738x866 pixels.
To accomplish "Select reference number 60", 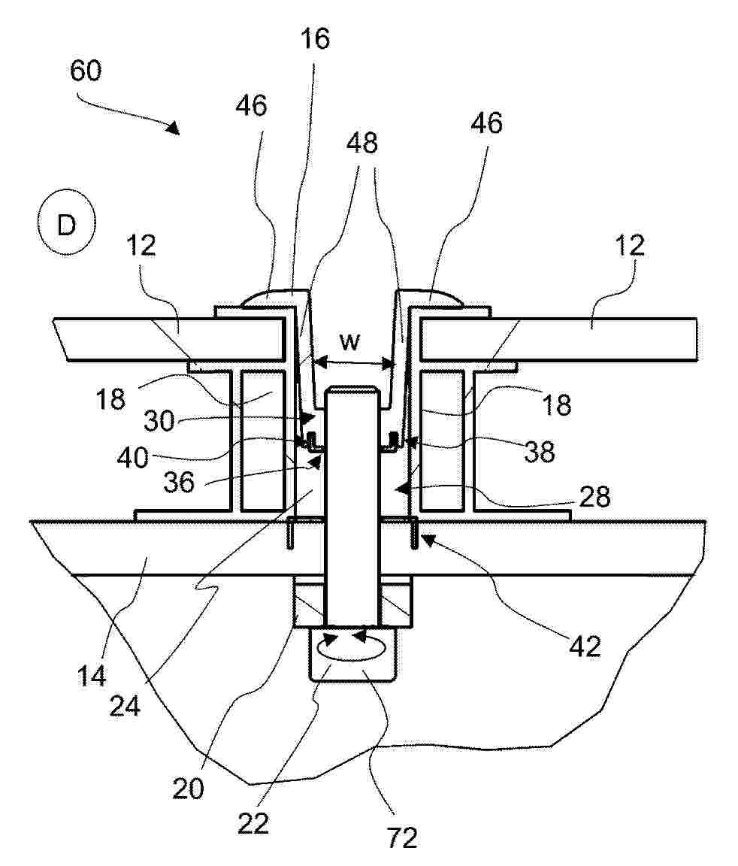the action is click(86, 71).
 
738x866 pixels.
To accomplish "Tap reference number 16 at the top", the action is click(315, 39).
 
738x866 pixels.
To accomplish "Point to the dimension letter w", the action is click(349, 342).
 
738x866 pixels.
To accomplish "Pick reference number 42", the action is click(585, 646).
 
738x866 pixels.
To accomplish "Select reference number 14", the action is click(92, 675).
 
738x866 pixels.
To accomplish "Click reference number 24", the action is click(125, 705).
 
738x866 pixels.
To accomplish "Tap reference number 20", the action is click(188, 788).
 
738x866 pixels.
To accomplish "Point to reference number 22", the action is click(253, 823).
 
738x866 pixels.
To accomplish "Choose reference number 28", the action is click(594, 497).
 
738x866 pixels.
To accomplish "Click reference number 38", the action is click(540, 452).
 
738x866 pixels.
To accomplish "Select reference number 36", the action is click(179, 482).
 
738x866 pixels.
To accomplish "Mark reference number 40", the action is click(133, 458).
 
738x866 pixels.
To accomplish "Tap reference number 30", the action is click(159, 421).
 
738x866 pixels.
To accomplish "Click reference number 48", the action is click(362, 143).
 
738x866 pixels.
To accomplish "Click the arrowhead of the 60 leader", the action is click(174, 128).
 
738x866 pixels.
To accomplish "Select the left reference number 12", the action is click(141, 245).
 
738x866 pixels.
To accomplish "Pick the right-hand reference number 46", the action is click(487, 123).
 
